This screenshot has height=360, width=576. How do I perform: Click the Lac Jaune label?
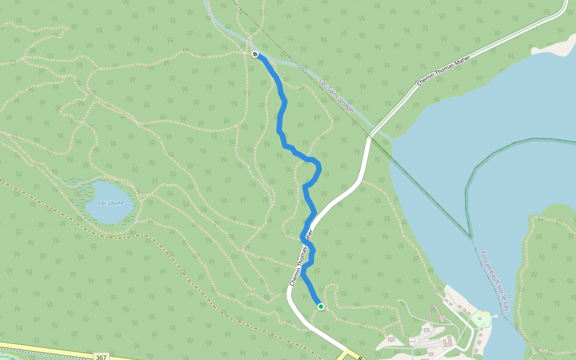[106, 202]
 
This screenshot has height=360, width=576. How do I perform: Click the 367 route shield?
[101, 356]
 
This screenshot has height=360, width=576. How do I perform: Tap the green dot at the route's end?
[320, 307]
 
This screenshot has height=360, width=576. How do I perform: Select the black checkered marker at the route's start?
[256, 55]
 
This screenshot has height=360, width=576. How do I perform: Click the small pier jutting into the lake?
[494, 314]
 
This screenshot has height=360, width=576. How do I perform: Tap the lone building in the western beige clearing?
[391, 339]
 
